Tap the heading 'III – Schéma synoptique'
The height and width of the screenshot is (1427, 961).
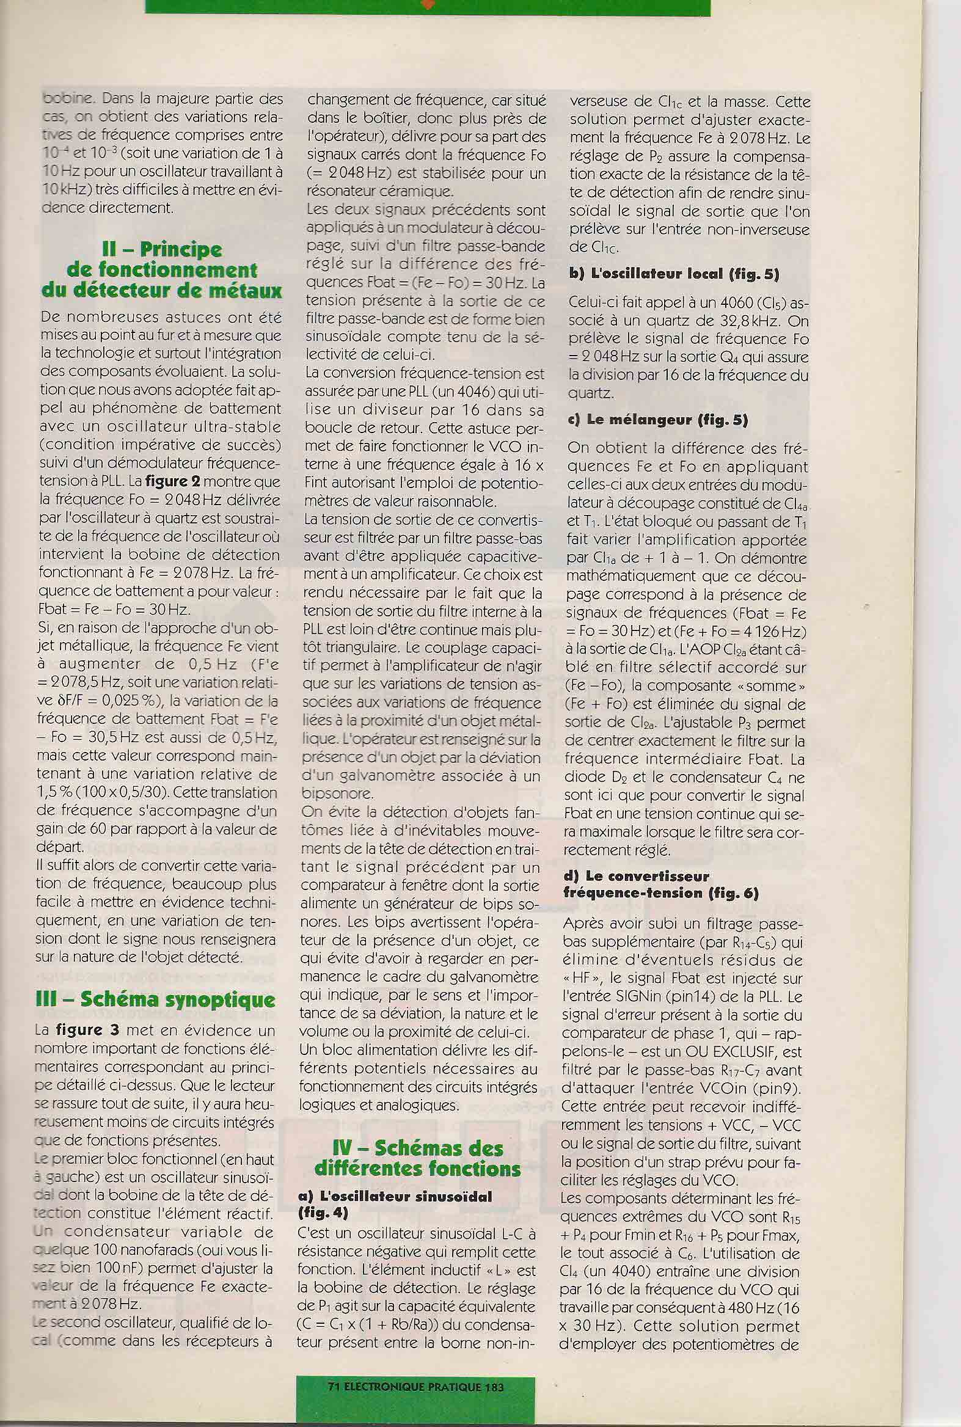(156, 1000)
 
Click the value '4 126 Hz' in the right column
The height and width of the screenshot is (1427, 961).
(773, 632)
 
